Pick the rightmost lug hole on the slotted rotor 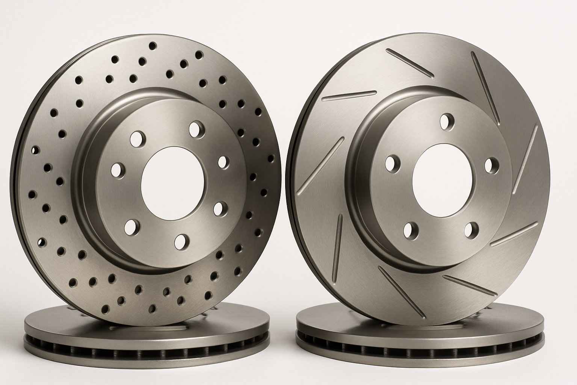click(x=491, y=165)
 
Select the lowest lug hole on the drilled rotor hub click(x=182, y=242)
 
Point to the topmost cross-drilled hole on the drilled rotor click(x=153, y=46)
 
